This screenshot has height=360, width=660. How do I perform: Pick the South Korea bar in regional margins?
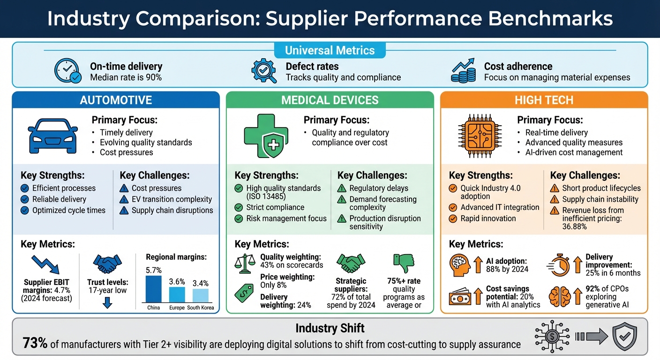(200, 295)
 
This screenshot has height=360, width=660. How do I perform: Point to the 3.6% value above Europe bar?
(177, 281)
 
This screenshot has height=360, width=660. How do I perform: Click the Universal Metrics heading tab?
(330, 50)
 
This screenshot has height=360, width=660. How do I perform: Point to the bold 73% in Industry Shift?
(35, 344)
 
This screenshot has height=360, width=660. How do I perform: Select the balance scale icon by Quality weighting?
(246, 264)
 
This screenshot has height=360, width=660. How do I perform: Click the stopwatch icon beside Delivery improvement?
(558, 265)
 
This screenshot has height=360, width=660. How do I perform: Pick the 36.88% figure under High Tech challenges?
(574, 226)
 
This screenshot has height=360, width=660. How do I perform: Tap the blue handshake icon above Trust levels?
(107, 264)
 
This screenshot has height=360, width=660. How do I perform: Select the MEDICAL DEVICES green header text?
(330, 100)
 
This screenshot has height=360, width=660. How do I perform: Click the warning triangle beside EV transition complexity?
(124, 199)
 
